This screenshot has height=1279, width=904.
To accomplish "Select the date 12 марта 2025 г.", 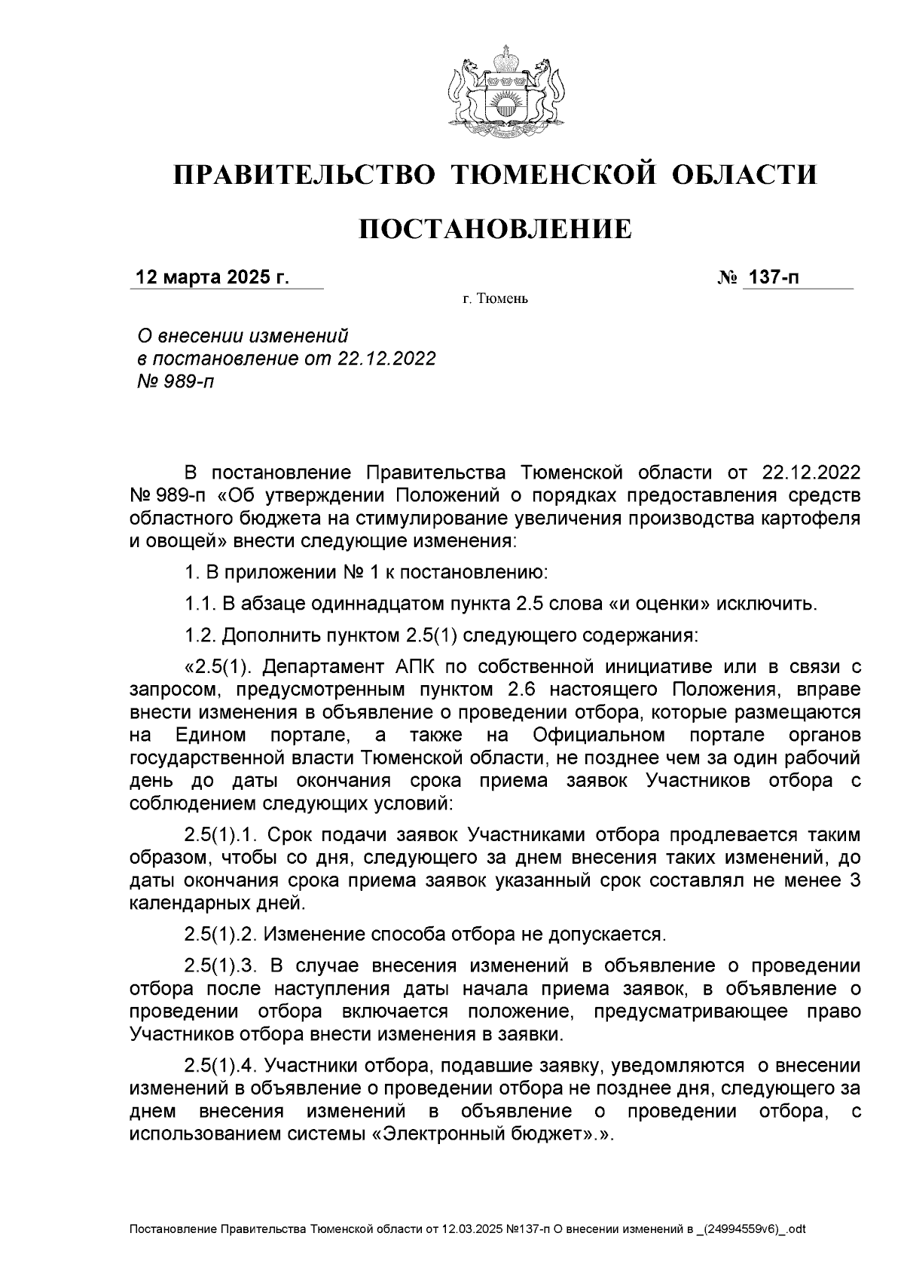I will (212, 278).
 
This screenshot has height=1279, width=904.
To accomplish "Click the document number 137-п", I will (771, 278).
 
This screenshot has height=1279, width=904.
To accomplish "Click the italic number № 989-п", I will (173, 382).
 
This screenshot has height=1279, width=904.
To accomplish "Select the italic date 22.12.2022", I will (386, 359).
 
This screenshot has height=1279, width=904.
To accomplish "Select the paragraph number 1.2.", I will (200, 635).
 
